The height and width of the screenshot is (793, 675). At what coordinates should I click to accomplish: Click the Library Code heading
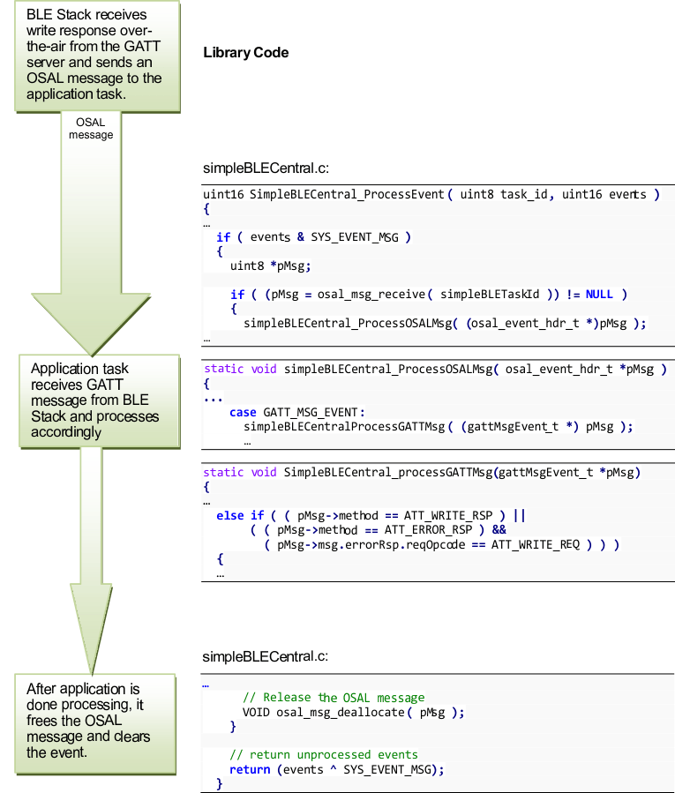pyautogui.click(x=245, y=53)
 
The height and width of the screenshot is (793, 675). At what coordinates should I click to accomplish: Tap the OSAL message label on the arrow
pyautogui.click(x=91, y=129)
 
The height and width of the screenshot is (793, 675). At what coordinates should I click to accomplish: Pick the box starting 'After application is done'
pyautogui.click(x=89, y=721)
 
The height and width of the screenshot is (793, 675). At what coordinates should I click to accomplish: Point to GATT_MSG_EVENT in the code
pyautogui.click(x=313, y=412)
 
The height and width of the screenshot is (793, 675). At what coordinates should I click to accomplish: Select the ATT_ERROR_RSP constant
pyautogui.click(x=431, y=530)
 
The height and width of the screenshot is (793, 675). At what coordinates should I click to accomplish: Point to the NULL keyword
pyautogui.click(x=599, y=294)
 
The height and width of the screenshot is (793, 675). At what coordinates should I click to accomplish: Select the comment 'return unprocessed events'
pyautogui.click(x=324, y=754)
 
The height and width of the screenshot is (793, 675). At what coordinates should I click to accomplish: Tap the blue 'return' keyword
pyautogui.click(x=250, y=769)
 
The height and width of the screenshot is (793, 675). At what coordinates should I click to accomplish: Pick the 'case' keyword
pyautogui.click(x=243, y=412)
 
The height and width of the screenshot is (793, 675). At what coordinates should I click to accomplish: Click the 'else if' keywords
pyautogui.click(x=240, y=515)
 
